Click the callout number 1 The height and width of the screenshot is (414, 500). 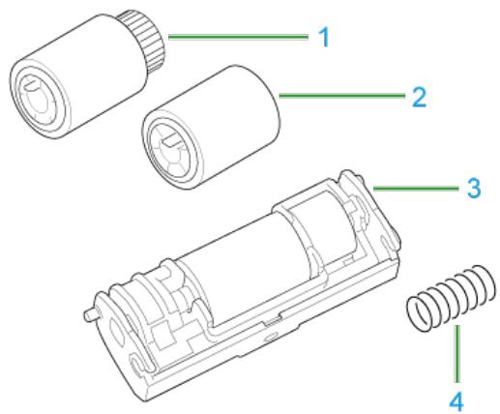tap(324, 37)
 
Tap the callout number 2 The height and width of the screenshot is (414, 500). tap(419, 97)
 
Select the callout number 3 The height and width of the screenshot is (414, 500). tap(474, 188)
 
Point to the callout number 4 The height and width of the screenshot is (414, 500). tap(456, 401)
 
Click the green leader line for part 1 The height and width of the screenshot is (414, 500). tap(238, 37)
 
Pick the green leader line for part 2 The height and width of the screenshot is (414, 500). tap(341, 96)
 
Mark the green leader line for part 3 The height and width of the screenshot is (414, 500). tap(416, 188)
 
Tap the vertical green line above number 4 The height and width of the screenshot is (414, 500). tap(456, 354)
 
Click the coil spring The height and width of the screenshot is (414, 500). tap(451, 298)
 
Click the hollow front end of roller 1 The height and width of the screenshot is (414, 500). tap(40, 99)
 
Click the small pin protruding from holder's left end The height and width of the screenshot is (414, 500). tap(90, 314)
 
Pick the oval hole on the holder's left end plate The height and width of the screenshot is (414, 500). tap(117, 332)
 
